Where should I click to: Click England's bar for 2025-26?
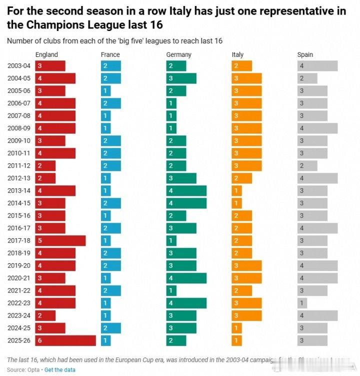click(65, 340)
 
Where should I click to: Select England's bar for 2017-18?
click(60, 240)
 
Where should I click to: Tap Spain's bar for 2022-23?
click(302, 303)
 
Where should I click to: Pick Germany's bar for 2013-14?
click(186, 190)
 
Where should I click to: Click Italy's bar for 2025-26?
click(237, 340)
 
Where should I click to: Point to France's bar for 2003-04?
click(111, 65)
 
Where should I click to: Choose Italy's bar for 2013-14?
click(237, 190)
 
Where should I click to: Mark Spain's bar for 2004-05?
click(307, 78)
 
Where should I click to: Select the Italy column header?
click(237, 54)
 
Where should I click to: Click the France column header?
click(110, 54)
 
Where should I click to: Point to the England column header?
click(46, 54)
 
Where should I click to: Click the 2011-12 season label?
click(18, 166)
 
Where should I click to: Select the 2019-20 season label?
click(18, 266)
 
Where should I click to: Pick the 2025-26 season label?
click(18, 341)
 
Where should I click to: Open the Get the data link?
click(60, 370)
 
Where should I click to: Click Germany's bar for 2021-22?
click(171, 290)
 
